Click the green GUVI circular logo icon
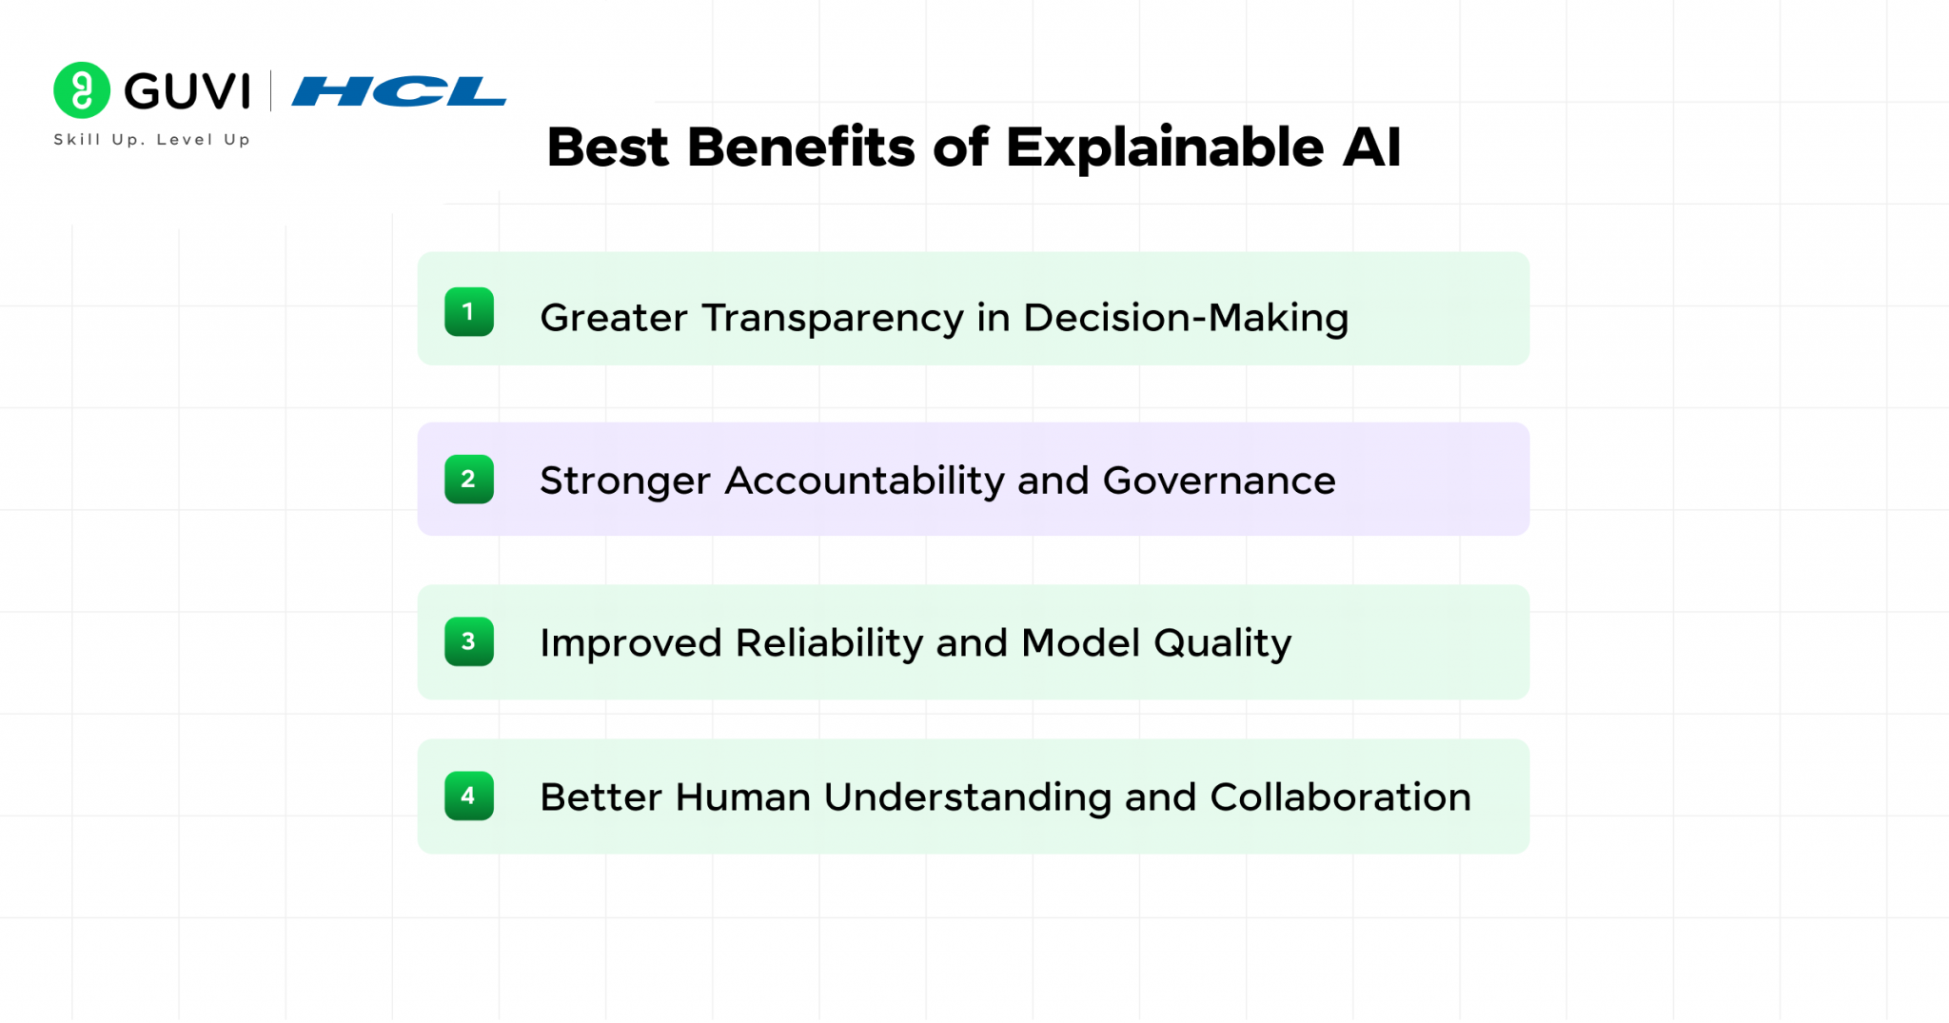pyautogui.click(x=82, y=90)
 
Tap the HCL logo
pyautogui.click(x=399, y=91)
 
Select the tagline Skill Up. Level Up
pyautogui.click(x=152, y=140)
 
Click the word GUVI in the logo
pyautogui.click(x=187, y=92)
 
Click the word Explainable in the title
pyautogui.click(x=1164, y=148)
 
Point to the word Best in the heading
pyautogui.click(x=608, y=148)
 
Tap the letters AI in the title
pyautogui.click(x=1371, y=148)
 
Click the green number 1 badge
pyautogui.click(x=468, y=312)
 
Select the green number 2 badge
pyautogui.click(x=468, y=480)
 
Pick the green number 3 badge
pyautogui.click(x=468, y=642)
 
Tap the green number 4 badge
pyautogui.click(x=468, y=797)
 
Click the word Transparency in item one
pyautogui.click(x=833, y=319)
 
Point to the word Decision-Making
pyautogui.click(x=1186, y=318)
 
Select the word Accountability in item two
pyautogui.click(x=864, y=481)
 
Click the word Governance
pyautogui.click(x=1219, y=481)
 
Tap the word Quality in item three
pyautogui.click(x=1223, y=644)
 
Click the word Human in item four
pyautogui.click(x=742, y=797)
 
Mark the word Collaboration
pyautogui.click(x=1340, y=797)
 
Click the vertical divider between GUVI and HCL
pyautogui.click(x=271, y=91)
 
